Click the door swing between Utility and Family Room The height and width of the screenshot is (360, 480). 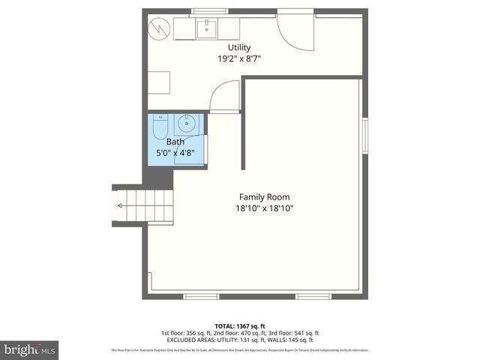(x=222, y=97)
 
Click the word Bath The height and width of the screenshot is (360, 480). (x=175, y=142)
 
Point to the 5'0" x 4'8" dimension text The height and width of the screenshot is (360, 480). (x=175, y=153)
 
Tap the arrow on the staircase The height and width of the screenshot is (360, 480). (x=120, y=203)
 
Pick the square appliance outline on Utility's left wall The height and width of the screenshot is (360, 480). (x=157, y=81)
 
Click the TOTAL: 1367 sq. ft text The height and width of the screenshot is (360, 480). (x=240, y=325)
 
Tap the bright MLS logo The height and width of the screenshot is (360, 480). (x=29, y=349)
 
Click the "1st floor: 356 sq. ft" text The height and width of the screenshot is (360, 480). (x=188, y=332)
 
